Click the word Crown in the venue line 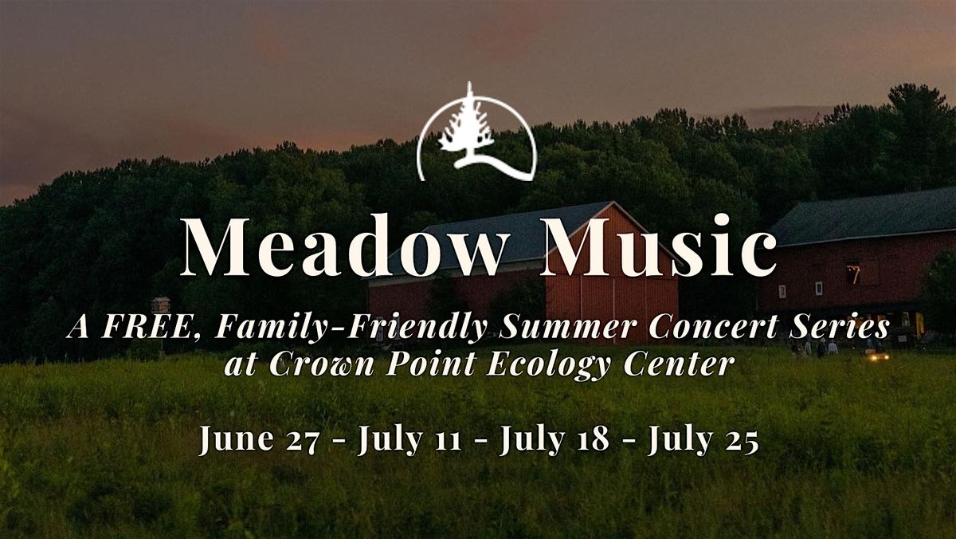click(321, 364)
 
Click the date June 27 click(260, 440)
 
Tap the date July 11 click(409, 440)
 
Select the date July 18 click(554, 440)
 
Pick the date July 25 click(703, 440)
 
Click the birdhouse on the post click(160, 305)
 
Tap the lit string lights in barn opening click(853, 274)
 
